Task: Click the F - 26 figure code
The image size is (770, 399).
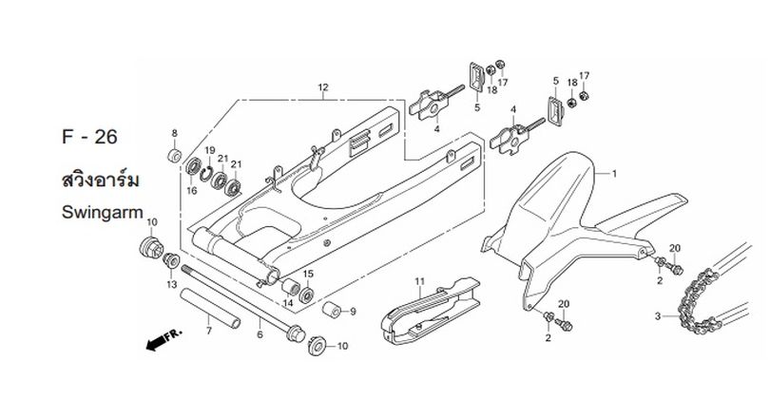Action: pos(90,137)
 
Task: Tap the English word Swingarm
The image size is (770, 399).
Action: pos(102,213)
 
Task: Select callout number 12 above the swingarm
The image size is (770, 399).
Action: pos(322,87)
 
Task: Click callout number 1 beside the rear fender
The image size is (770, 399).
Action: pos(614,174)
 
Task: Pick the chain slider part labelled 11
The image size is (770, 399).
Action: pos(431,311)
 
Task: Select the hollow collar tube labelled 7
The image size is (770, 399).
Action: pos(210,308)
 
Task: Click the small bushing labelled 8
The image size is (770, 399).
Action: pos(174,156)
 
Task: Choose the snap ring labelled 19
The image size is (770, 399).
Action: pos(206,173)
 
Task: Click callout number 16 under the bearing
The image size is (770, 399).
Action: pos(192,190)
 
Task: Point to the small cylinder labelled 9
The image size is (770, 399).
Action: pos(332,310)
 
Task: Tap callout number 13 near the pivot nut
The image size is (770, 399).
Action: pos(171,285)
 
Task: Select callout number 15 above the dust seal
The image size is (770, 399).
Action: pos(308,274)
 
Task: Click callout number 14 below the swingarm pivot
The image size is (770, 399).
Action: pos(288,303)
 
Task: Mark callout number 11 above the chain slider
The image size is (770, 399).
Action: pos(419,281)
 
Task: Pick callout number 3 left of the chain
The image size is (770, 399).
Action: pos(658,316)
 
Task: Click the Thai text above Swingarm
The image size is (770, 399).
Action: pos(100,180)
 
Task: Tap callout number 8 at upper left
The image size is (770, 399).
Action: pos(174,133)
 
